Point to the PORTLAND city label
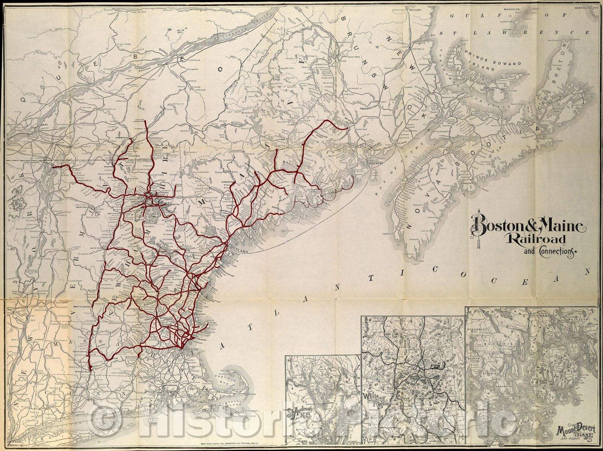[239, 251]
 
